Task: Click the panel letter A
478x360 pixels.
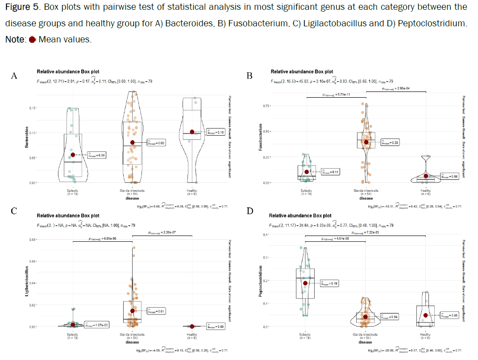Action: coord(14,76)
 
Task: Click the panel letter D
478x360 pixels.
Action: coord(249,211)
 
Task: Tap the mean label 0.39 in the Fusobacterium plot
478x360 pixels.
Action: coord(390,143)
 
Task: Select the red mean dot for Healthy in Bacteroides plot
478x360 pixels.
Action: coord(192,132)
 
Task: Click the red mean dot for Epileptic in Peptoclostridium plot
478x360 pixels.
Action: coord(306,283)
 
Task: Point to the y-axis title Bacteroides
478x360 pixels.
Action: coord(27,137)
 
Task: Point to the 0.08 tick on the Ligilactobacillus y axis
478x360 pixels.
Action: coord(33,240)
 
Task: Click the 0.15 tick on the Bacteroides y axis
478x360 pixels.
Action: coord(33,108)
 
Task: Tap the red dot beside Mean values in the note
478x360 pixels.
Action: coord(32,40)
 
